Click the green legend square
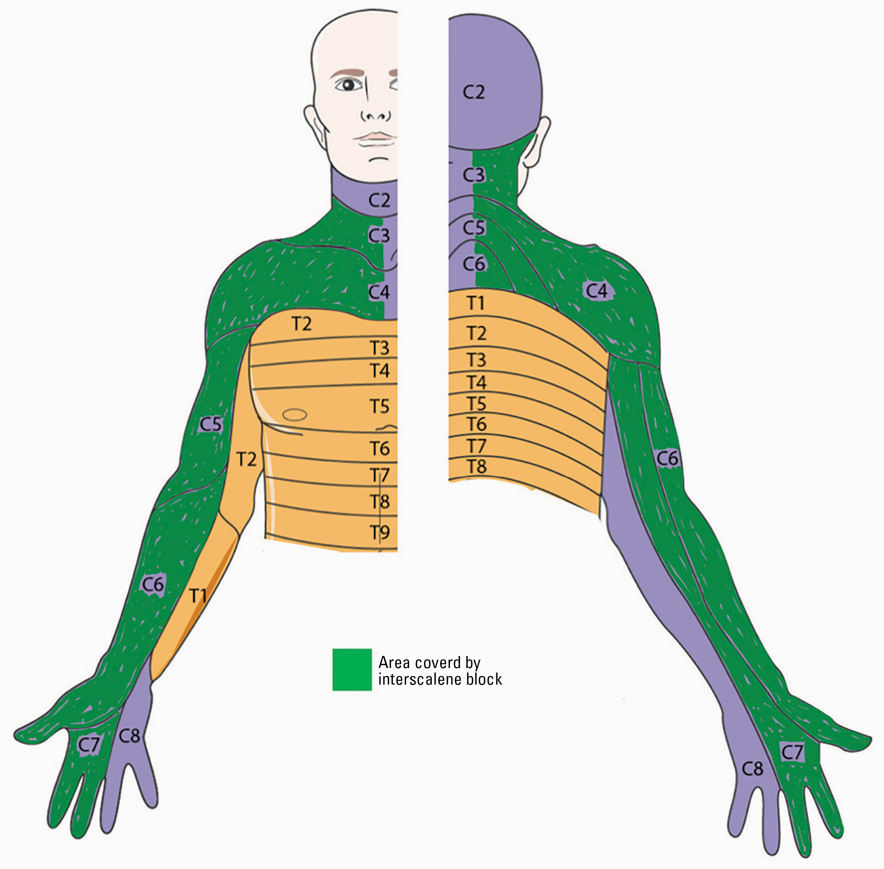coord(352,670)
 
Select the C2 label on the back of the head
coord(473,92)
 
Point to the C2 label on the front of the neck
coord(379,200)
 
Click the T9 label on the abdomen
coord(379,532)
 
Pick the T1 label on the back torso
coord(476,303)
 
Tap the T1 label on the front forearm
coord(198,595)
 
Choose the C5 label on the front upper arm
coord(210,424)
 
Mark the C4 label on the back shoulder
coord(597,290)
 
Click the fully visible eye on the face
coord(349,85)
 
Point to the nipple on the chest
coord(294,414)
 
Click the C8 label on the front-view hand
coord(129,736)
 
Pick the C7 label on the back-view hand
coord(792,752)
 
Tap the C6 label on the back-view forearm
coord(667,458)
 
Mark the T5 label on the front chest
coord(379,406)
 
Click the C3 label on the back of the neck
coord(473,175)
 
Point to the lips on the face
coord(377,137)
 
